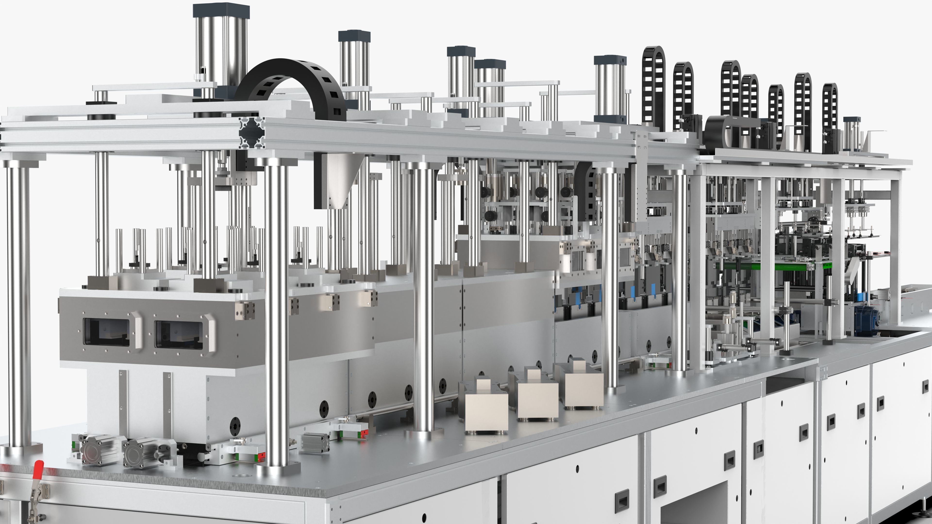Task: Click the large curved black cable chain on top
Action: [x=290, y=78]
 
